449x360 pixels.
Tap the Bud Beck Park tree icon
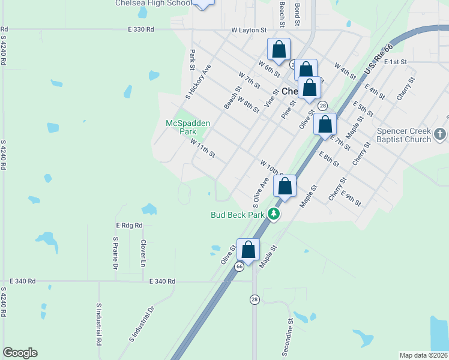(274, 214)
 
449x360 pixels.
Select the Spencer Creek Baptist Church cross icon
(439, 134)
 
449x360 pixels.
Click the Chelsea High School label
(153, 3)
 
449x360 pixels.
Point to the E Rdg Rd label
(129, 225)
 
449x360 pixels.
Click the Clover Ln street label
(143, 253)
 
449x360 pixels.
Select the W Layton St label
(249, 29)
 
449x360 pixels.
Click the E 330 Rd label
(141, 29)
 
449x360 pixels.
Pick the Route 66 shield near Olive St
(239, 266)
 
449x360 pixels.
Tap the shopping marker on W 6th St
(279, 50)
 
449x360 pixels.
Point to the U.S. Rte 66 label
(378, 59)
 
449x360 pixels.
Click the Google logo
(20, 353)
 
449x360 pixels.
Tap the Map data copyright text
(423, 355)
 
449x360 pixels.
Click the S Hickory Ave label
(198, 80)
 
